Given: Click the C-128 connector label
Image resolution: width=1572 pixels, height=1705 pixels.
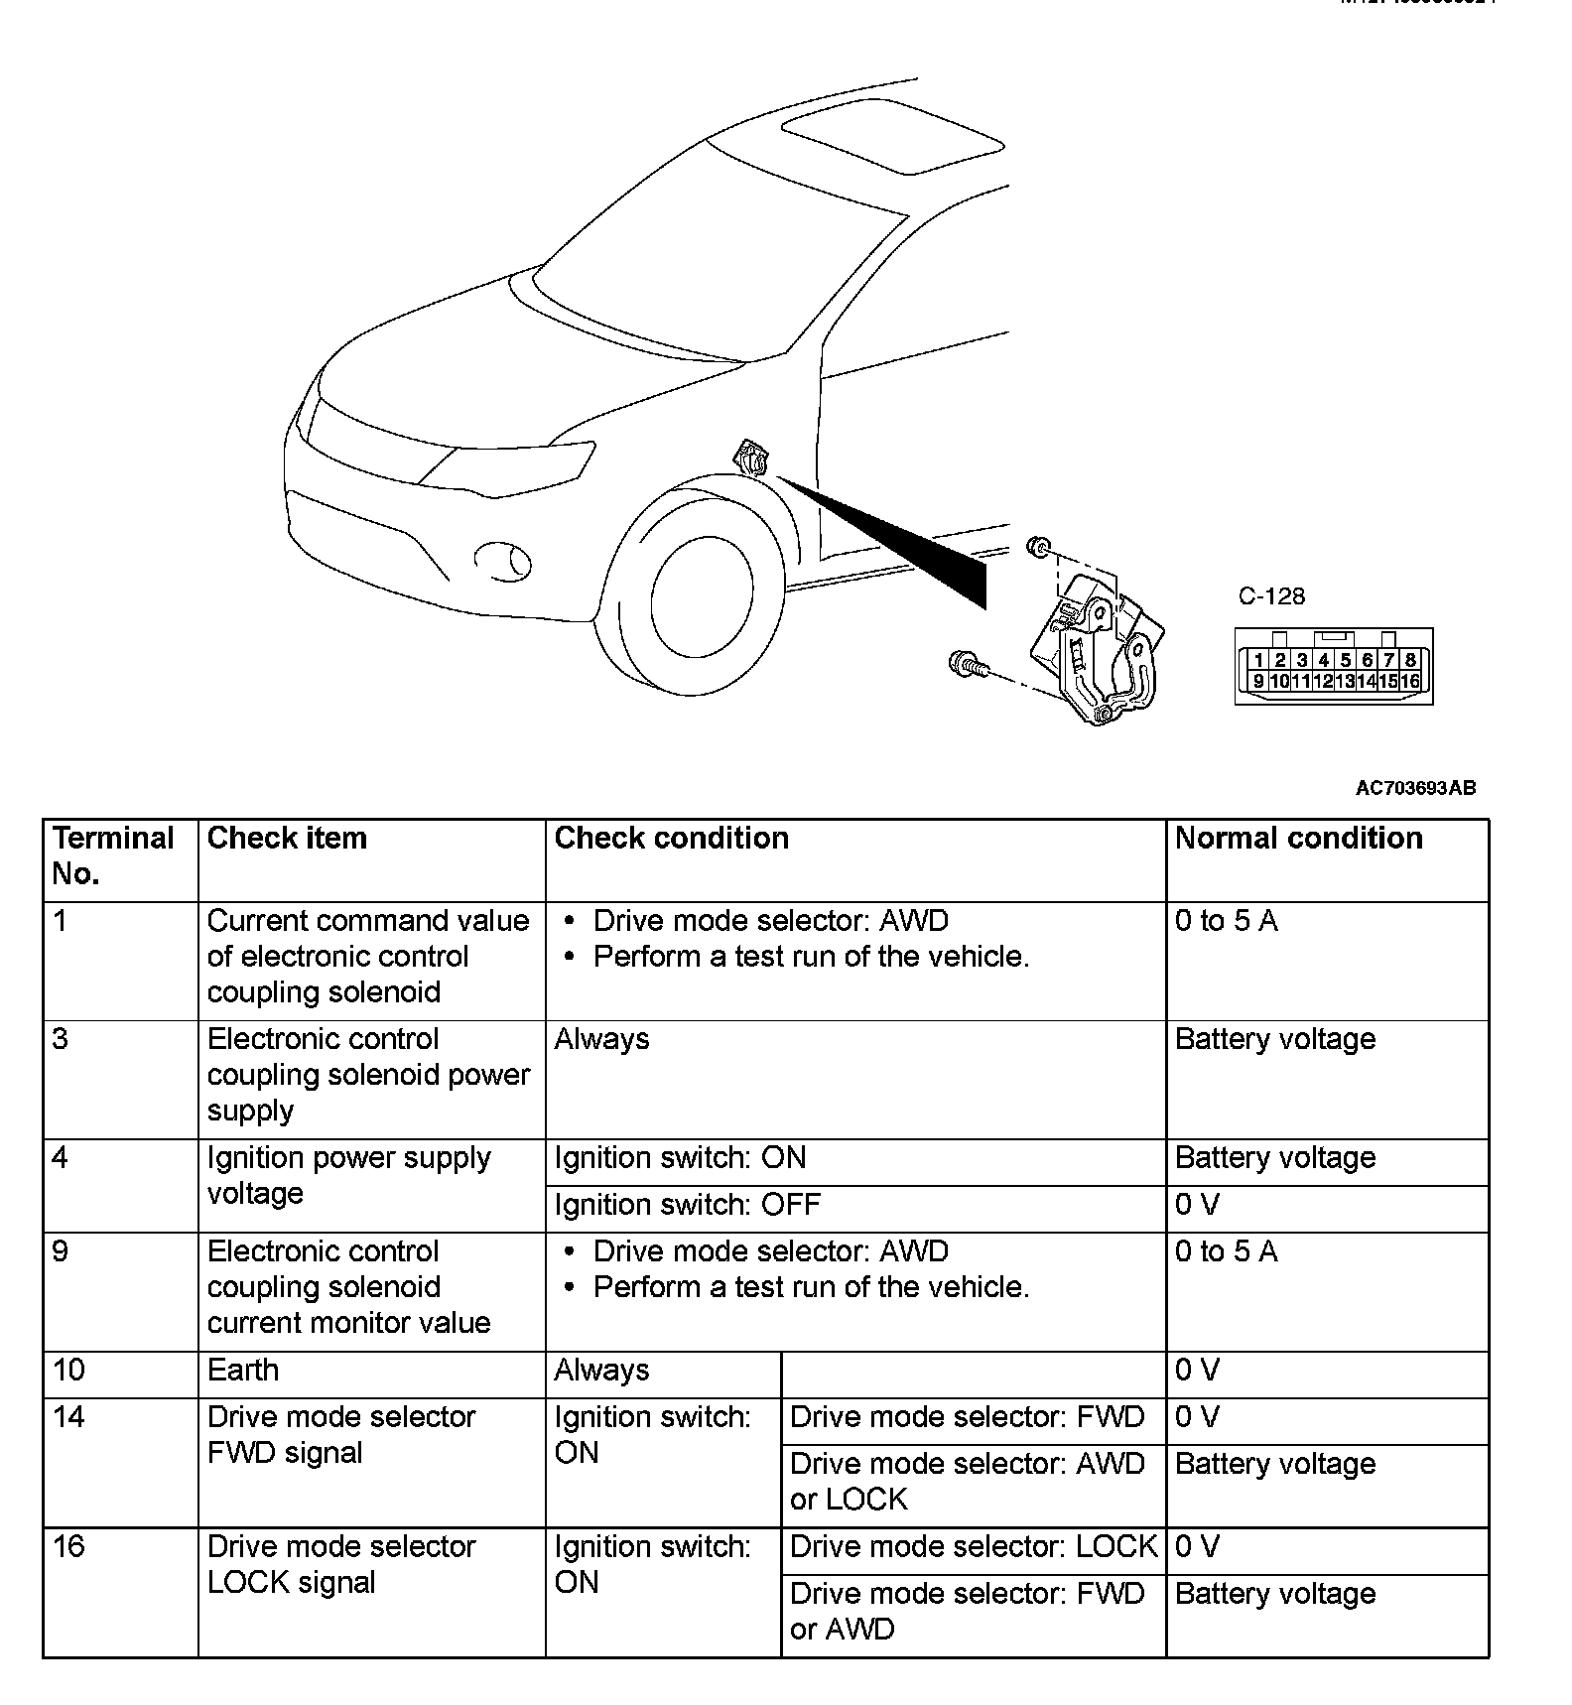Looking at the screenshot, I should point(1271,596).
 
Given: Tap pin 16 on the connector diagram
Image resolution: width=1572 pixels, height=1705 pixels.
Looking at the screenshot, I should point(1410,681).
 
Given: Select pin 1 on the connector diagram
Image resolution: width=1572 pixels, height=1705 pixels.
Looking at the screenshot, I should point(1258,660).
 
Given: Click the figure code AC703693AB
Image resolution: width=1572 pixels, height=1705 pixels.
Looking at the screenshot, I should point(1415,788).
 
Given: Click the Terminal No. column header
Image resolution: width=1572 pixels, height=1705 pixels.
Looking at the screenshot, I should point(113,855).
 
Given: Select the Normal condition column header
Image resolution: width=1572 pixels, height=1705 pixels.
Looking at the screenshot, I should point(1298,839).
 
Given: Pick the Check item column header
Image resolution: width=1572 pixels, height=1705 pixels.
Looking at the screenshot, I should point(287,839).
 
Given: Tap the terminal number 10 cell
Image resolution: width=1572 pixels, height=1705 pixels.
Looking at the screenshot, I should point(69,1371).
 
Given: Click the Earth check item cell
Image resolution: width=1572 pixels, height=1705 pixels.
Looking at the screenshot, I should point(243,1371).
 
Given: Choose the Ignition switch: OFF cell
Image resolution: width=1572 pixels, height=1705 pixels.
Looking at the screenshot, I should point(687,1205).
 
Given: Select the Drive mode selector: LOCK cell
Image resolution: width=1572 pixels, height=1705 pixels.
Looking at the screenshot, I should point(973,1547).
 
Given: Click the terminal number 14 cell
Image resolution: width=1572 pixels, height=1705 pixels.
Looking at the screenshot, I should point(69,1417).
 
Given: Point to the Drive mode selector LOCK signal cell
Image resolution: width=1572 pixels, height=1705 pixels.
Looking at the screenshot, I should point(341,1564).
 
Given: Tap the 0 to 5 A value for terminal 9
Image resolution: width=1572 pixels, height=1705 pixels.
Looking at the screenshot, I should point(1226,1252).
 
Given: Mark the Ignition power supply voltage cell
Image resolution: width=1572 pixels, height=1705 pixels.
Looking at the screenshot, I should point(348,1175).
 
